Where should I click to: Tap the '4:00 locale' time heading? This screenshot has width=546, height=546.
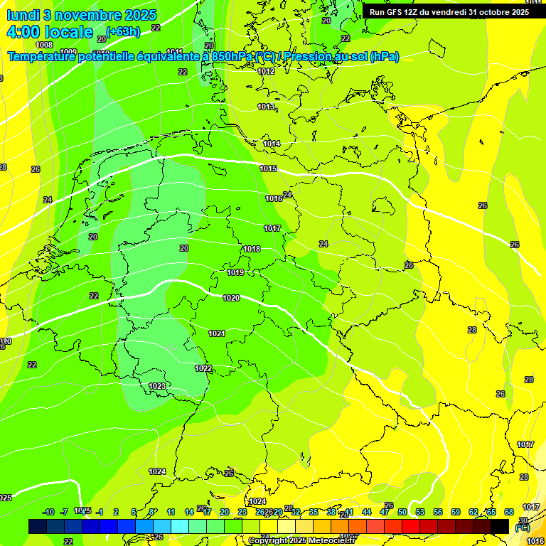tap(50, 32)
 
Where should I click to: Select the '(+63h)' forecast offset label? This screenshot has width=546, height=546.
tap(123, 31)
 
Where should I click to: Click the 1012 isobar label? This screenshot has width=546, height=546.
tap(266, 71)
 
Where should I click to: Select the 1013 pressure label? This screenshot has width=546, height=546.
tap(266, 107)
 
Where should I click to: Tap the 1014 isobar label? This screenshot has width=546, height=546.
tap(272, 144)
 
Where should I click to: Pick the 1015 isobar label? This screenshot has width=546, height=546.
tap(268, 168)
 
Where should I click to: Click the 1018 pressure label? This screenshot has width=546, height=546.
tap(252, 249)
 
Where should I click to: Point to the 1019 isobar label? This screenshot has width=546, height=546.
tap(236, 272)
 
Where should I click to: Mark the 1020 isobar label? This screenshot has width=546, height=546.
tap(230, 298)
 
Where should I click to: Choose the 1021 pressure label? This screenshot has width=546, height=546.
tap(217, 333)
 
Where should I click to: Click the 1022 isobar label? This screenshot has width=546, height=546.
tap(203, 368)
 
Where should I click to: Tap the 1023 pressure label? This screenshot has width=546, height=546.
tap(157, 386)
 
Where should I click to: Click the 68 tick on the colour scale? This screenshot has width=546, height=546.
tap(509, 512)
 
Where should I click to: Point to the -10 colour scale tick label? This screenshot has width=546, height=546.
tap(48, 512)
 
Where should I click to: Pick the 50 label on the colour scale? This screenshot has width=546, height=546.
tap(402, 512)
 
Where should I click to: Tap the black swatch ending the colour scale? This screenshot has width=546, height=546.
tap(500, 526)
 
